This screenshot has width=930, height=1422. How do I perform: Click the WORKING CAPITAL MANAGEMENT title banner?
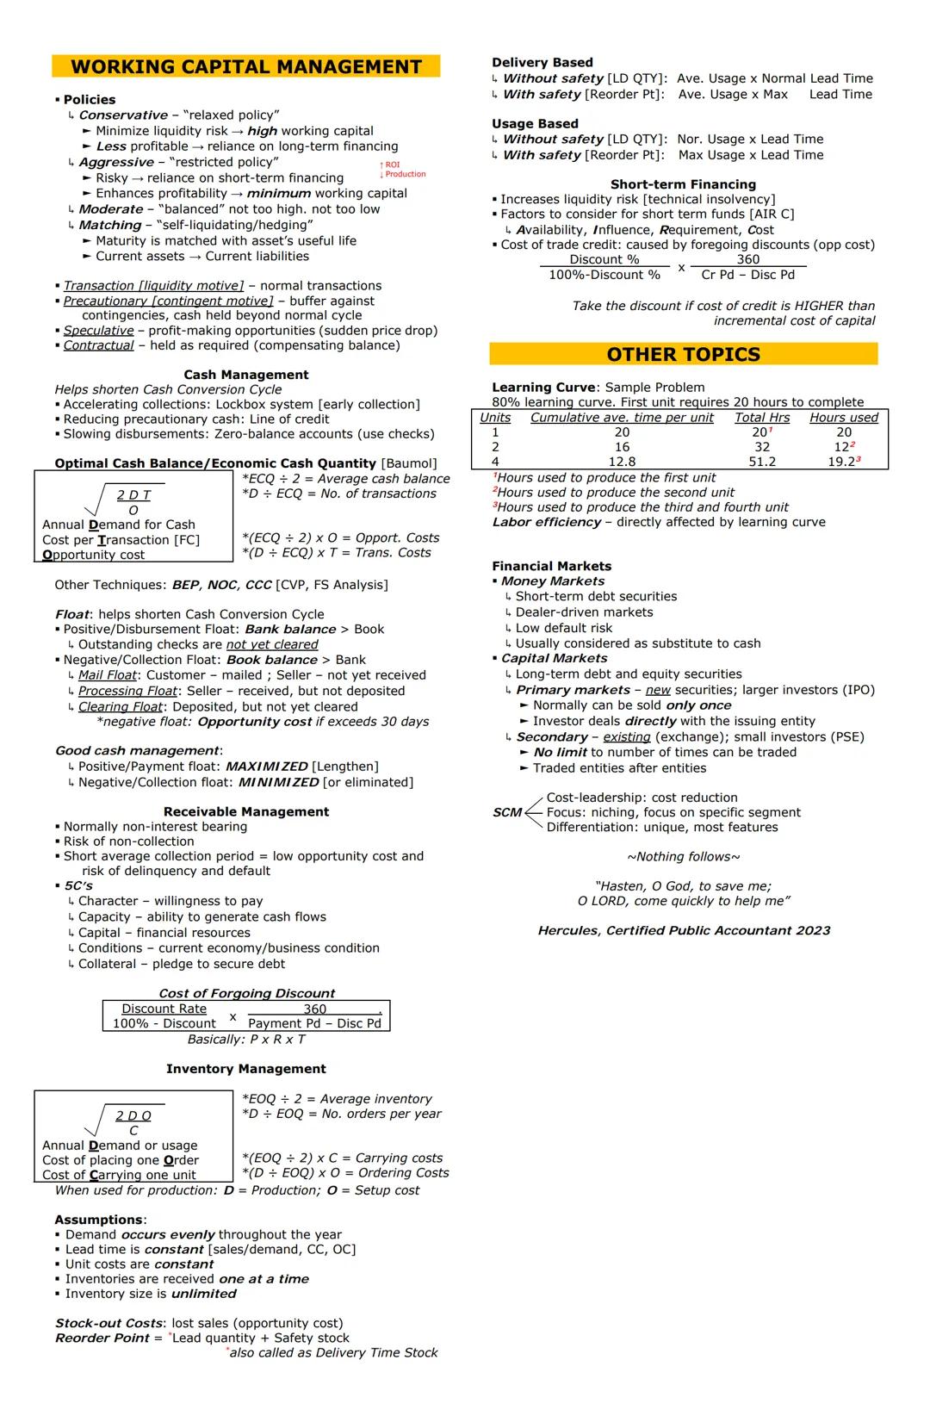(246, 67)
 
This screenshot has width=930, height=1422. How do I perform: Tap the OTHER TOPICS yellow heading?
(683, 355)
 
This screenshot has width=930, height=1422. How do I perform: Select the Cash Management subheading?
(246, 375)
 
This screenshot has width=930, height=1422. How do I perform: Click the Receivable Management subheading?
(246, 811)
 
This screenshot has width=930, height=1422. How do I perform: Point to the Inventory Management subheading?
(246, 1069)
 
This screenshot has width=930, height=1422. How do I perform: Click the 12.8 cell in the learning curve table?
(622, 462)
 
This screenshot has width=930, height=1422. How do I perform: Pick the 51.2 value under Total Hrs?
(762, 462)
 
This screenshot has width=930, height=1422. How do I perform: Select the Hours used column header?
(844, 418)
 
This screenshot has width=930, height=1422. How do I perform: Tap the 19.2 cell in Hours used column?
(842, 462)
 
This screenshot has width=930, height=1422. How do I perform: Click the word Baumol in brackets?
(409, 463)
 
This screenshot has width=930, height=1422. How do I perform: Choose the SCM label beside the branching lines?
(507, 812)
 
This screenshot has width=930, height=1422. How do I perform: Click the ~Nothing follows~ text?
(683, 857)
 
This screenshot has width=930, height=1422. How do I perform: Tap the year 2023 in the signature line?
(813, 930)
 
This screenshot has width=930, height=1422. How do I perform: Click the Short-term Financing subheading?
(683, 184)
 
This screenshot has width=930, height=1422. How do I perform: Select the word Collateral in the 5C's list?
(106, 964)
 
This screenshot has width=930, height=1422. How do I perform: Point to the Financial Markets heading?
(551, 566)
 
